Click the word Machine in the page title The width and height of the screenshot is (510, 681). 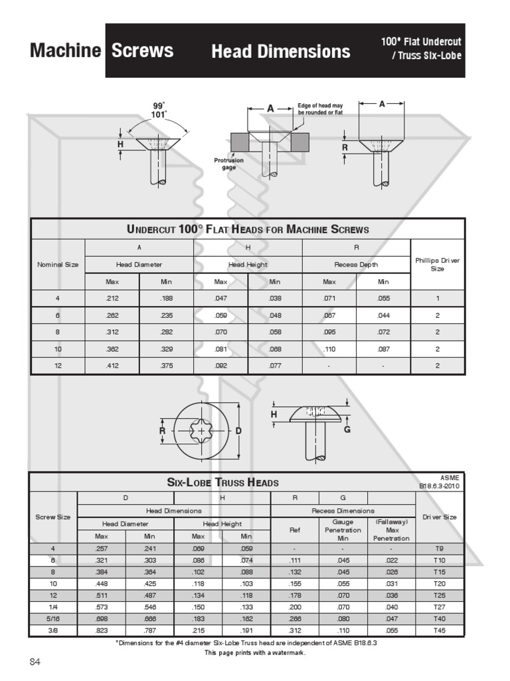point(65,51)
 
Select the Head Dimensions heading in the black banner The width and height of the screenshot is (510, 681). point(280,51)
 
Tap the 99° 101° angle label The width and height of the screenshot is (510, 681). point(158,109)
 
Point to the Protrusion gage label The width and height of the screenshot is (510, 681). point(228,164)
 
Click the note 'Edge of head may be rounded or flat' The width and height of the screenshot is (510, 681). point(320,110)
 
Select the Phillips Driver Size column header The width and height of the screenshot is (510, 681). point(438,264)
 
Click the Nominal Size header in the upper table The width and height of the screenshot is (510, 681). point(58,264)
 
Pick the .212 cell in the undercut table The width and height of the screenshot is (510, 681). point(112,299)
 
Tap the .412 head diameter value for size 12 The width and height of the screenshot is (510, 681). point(112,365)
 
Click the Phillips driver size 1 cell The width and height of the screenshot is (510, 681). point(438,299)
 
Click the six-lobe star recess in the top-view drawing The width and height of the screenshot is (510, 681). point(201,431)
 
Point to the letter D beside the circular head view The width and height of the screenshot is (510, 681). point(238,431)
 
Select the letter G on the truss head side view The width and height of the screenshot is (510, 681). point(346,430)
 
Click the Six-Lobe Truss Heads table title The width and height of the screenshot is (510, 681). point(222,482)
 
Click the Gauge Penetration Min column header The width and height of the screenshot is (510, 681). point(343,530)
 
